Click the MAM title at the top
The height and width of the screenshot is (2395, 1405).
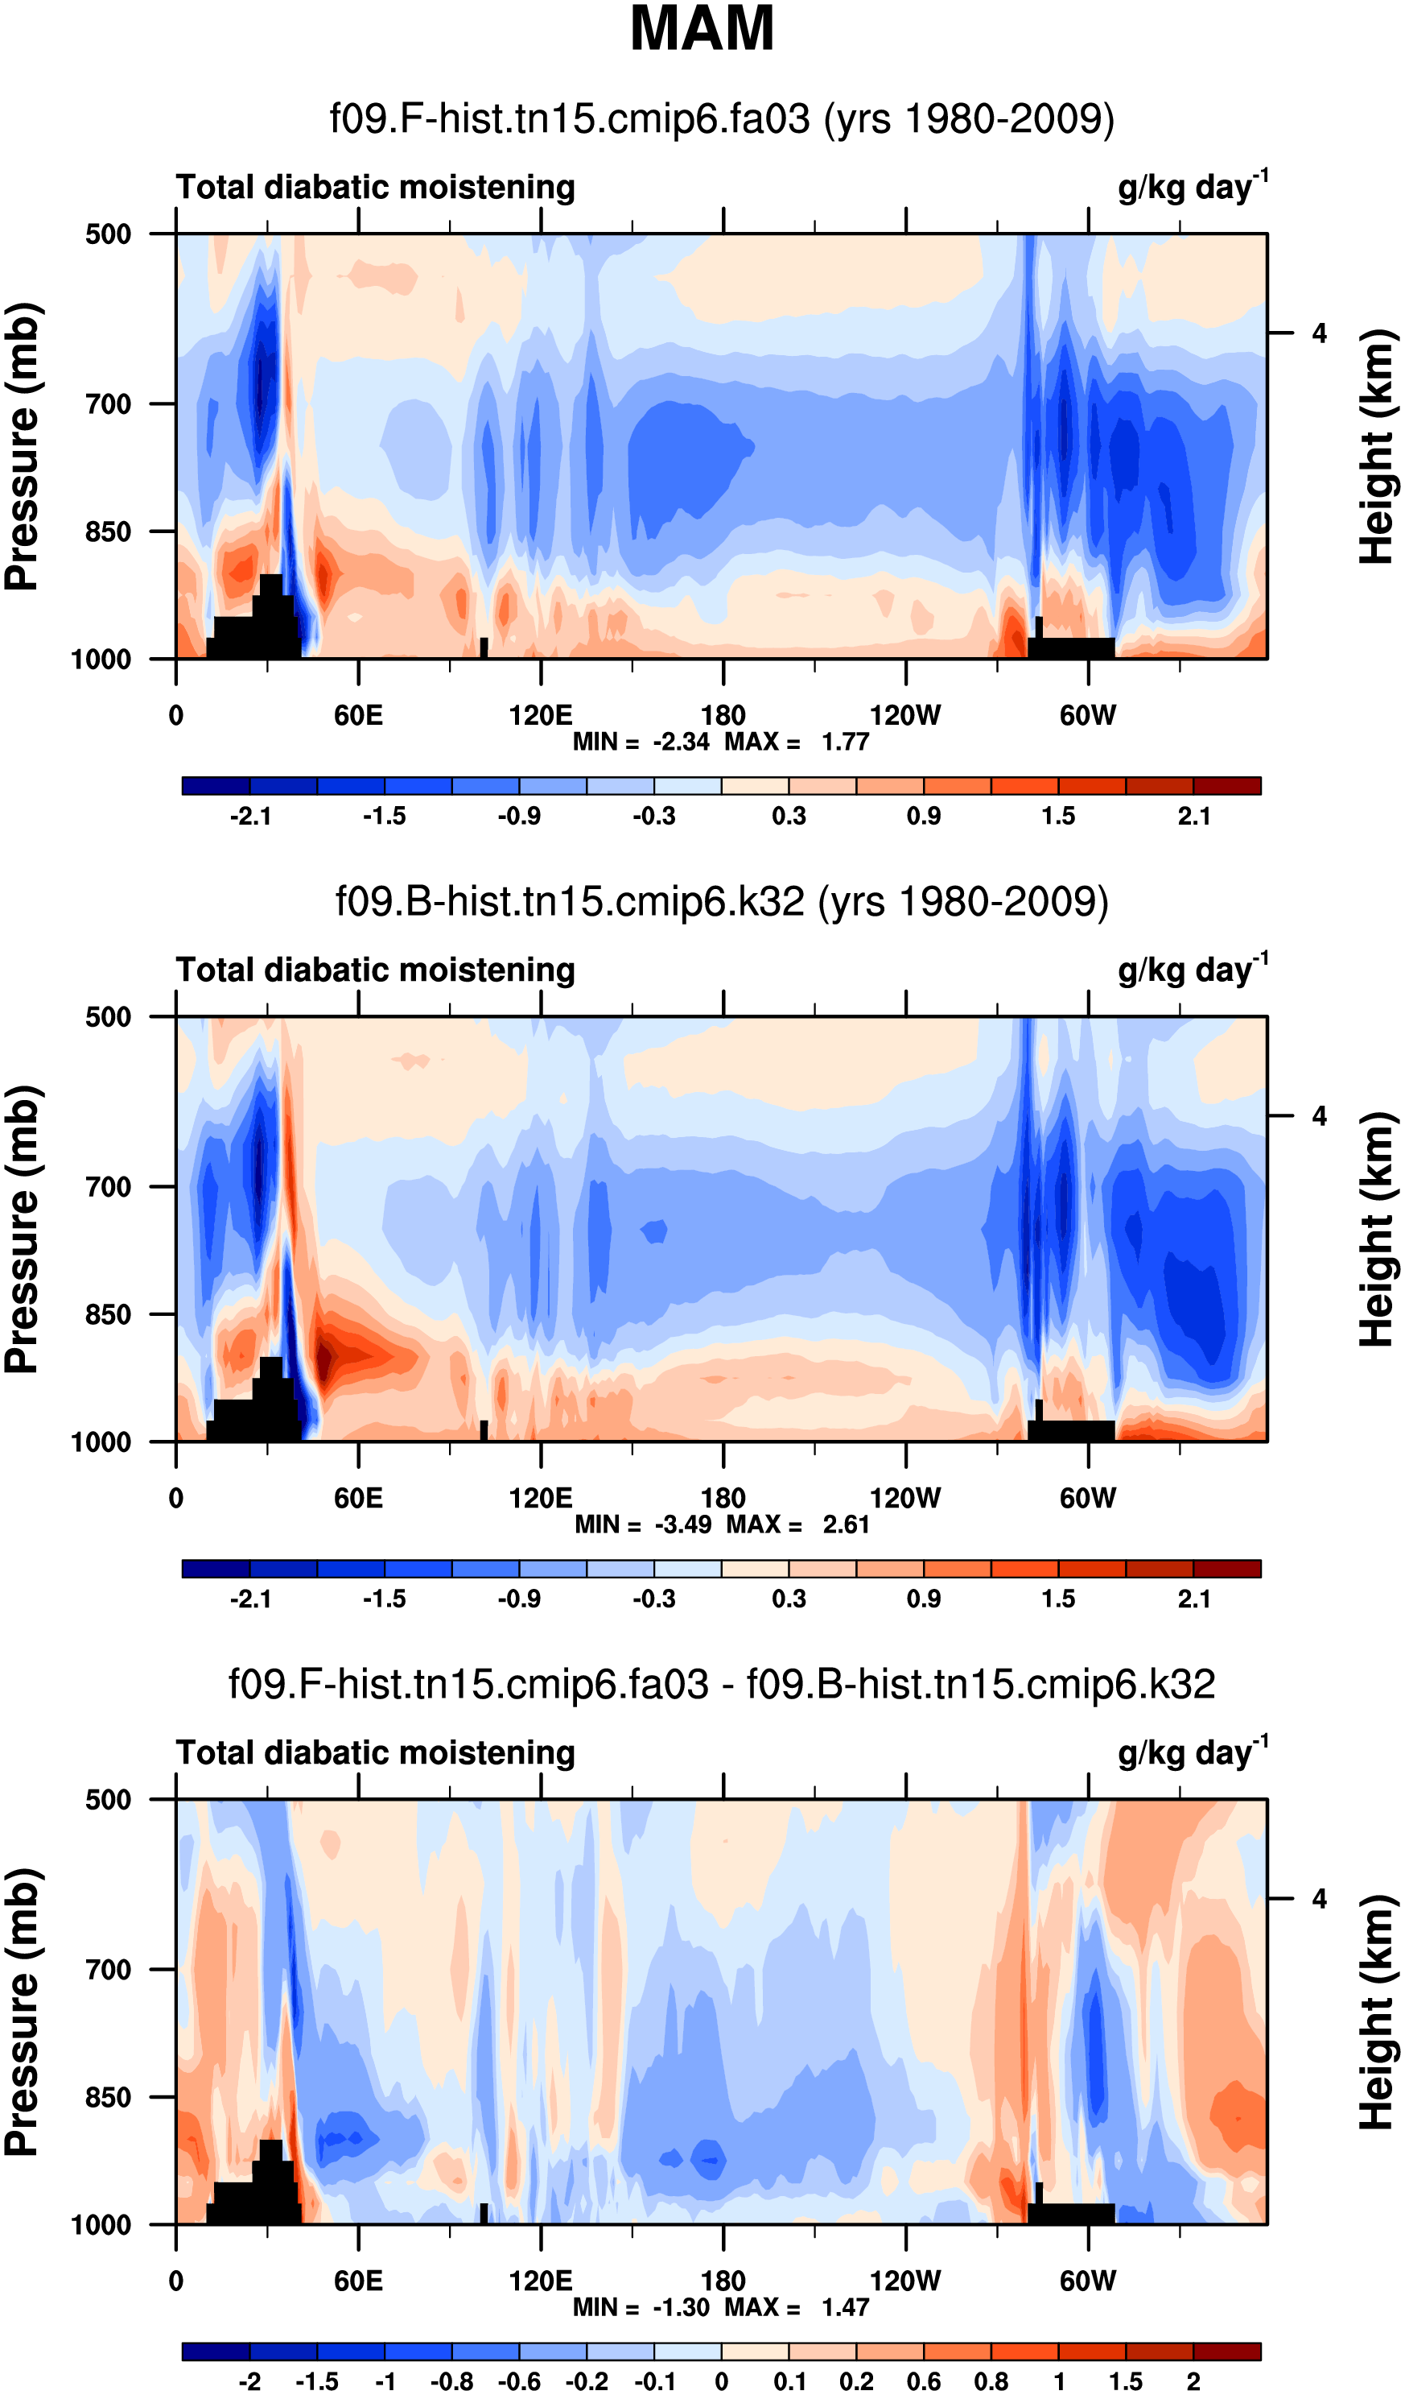click(x=702, y=28)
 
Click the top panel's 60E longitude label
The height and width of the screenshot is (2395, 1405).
click(x=358, y=716)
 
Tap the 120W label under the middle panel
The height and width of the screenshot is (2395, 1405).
click(x=904, y=1499)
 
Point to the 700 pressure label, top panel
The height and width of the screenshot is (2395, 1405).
click(x=109, y=404)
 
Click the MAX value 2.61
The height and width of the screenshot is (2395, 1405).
click(x=846, y=1525)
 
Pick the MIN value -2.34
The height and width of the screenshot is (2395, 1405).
click(x=680, y=742)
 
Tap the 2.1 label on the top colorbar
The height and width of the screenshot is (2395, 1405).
click(x=1193, y=817)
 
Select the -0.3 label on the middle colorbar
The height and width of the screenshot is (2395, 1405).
click(x=653, y=1599)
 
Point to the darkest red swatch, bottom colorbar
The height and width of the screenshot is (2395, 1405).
click(x=1226, y=2352)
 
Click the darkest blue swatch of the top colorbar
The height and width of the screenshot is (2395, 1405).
click(x=216, y=786)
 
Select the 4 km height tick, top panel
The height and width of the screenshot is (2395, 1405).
click(x=1319, y=333)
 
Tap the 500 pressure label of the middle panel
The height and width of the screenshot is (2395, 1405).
click(x=109, y=1017)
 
